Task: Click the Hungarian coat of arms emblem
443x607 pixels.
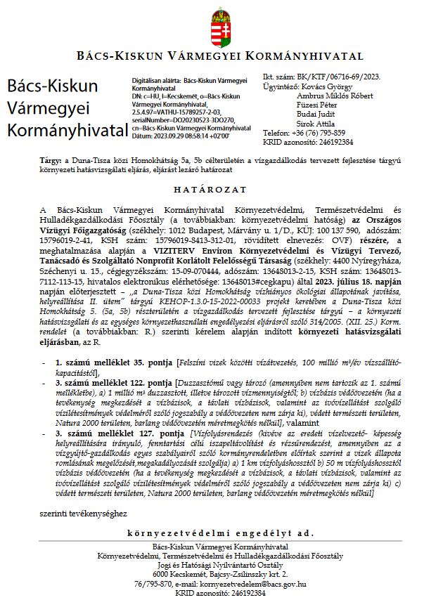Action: click(220, 27)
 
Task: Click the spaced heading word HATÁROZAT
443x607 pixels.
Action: click(221, 190)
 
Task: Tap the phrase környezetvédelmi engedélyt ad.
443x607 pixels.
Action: click(220, 534)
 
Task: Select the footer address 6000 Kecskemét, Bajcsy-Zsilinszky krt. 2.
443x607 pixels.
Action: click(221, 574)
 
